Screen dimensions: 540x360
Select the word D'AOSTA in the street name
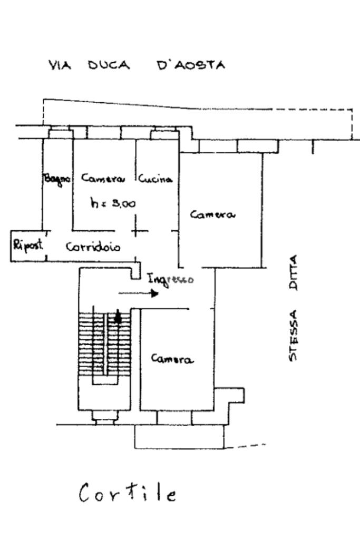tap(191, 65)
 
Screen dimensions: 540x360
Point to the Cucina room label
tap(155, 179)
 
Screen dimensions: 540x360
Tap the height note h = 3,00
tap(113, 203)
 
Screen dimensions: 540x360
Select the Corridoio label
tap(93, 247)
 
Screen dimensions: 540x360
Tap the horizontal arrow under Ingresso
tap(138, 293)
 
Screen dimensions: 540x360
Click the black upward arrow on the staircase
tap(118, 317)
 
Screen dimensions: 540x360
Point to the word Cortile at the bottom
tap(128, 494)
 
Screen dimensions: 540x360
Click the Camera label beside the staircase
tap(172, 359)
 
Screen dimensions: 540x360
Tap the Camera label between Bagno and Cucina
tap(103, 179)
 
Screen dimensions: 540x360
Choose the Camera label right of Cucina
tap(212, 215)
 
